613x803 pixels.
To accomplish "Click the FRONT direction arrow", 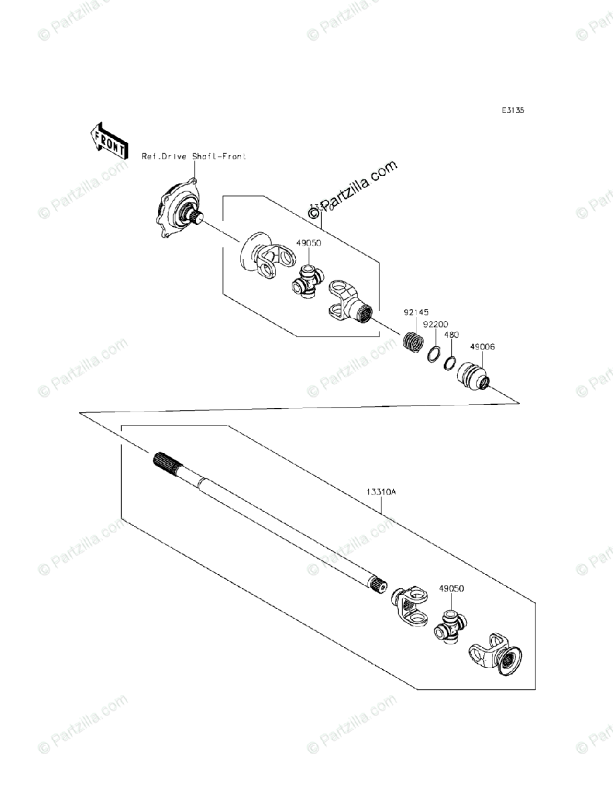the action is [x=107, y=140].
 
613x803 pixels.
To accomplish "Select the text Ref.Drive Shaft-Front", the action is [x=194, y=156].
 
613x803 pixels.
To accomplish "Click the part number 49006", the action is [x=482, y=347].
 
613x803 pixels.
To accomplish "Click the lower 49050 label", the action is [x=452, y=589].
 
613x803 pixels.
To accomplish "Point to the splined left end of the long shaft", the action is [x=167, y=462].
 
